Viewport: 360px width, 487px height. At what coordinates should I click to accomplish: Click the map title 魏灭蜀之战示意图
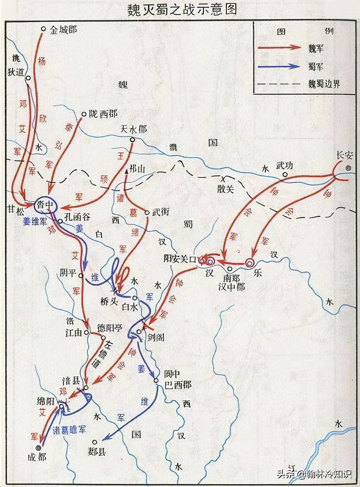182,10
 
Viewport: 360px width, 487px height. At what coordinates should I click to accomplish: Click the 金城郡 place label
63,29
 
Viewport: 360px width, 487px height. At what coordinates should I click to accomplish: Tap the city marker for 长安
349,169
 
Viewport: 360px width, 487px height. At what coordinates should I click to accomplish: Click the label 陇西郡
103,114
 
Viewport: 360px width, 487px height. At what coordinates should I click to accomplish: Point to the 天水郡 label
134,129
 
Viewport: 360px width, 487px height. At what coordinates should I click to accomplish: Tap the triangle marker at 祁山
126,171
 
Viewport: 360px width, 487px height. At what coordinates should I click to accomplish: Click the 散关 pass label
226,189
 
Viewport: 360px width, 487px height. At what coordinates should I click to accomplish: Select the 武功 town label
285,166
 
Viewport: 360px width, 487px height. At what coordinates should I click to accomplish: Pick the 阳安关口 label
180,259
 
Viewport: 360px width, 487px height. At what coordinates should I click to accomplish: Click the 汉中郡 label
231,286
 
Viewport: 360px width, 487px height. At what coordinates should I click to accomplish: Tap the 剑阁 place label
156,337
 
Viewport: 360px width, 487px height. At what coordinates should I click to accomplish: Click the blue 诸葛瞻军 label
69,430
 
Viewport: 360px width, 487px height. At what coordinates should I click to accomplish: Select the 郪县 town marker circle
95,442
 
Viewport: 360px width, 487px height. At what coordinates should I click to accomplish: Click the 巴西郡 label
178,385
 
